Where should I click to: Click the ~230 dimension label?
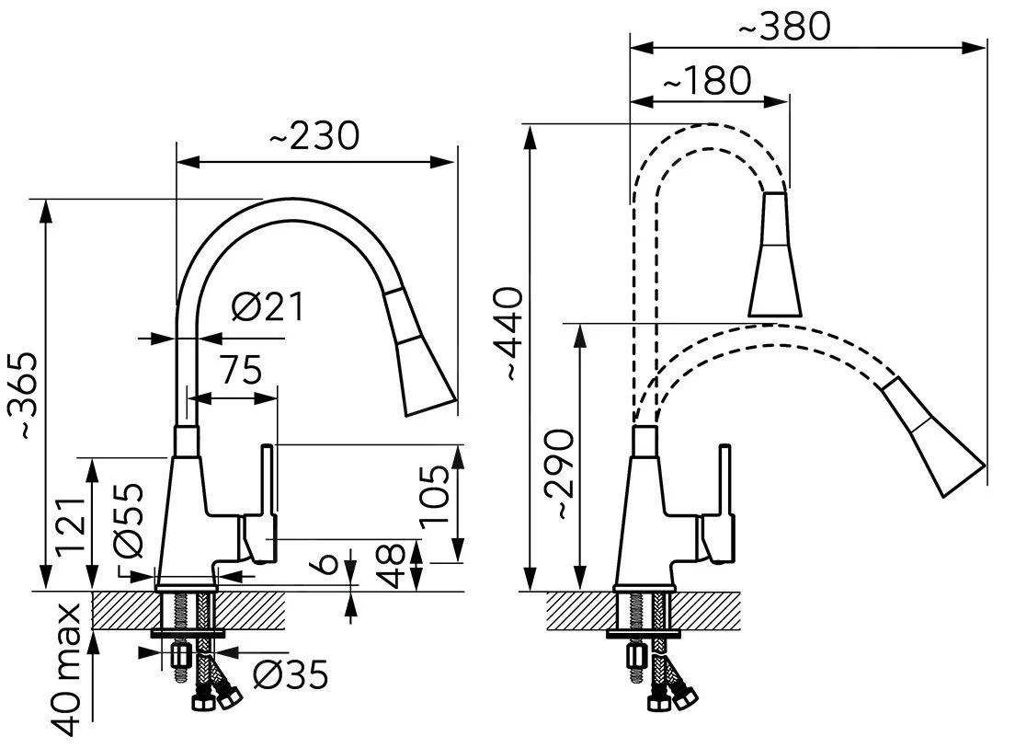coord(314,136)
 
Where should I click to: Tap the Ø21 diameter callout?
coord(267,306)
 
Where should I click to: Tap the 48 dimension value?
coord(393,565)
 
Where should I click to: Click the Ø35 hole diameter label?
coord(290,676)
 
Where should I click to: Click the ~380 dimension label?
coord(784,27)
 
